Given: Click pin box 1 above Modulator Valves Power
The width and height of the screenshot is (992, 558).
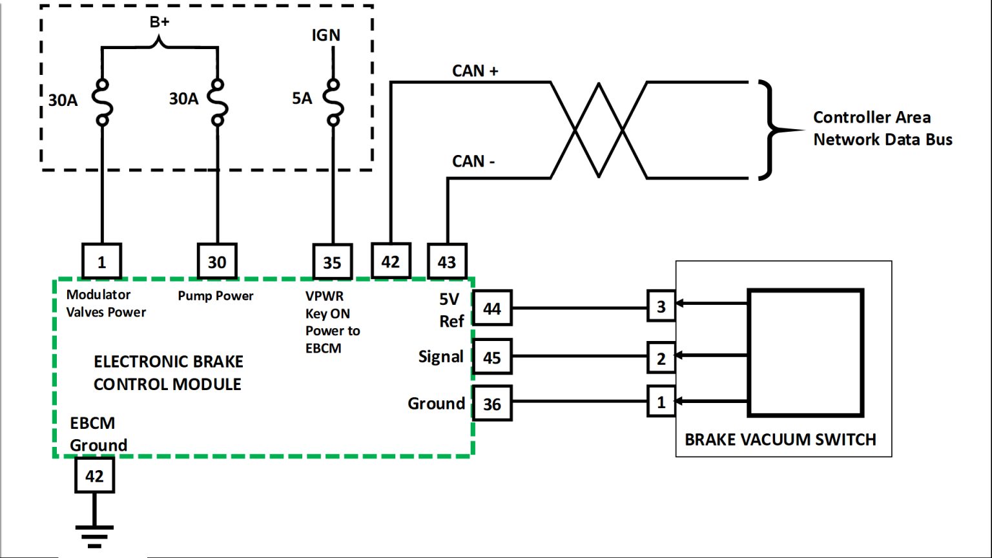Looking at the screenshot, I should coord(102,262).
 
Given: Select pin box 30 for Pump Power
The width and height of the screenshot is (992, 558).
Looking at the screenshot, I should coord(217,262).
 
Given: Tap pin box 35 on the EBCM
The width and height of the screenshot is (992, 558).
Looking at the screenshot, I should coord(332,262).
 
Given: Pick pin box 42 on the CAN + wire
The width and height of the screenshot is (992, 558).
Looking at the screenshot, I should coord(390,262).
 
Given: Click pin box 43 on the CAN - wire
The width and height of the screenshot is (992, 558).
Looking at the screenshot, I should coord(447,262).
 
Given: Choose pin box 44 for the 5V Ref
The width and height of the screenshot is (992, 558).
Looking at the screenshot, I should coord(492,309).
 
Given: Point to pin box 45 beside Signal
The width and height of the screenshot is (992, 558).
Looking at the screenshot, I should coord(492,357).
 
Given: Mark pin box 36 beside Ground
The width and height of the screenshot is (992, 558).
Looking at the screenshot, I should coord(492,404).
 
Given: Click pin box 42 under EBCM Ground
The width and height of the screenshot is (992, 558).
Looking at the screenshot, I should coord(94,476).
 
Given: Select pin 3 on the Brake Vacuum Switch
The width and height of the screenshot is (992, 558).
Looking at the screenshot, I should coord(661,306).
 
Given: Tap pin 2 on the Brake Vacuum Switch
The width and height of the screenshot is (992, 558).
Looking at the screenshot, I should coord(661,358).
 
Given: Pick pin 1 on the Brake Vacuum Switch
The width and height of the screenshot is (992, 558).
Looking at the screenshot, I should coord(661,402).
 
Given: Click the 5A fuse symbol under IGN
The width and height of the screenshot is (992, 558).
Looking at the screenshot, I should coord(333,102).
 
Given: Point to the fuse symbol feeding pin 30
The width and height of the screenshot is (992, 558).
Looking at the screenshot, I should coord(218,102).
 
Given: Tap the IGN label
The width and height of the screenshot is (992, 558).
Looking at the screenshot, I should coord(325,35).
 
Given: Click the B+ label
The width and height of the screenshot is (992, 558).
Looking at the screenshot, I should coord(160,22).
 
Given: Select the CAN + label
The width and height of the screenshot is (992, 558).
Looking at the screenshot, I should coord(475,70).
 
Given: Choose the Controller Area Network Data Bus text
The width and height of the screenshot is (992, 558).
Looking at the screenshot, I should coord(882,129).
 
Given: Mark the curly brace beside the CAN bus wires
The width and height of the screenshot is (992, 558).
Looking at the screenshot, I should coord(772,129).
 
